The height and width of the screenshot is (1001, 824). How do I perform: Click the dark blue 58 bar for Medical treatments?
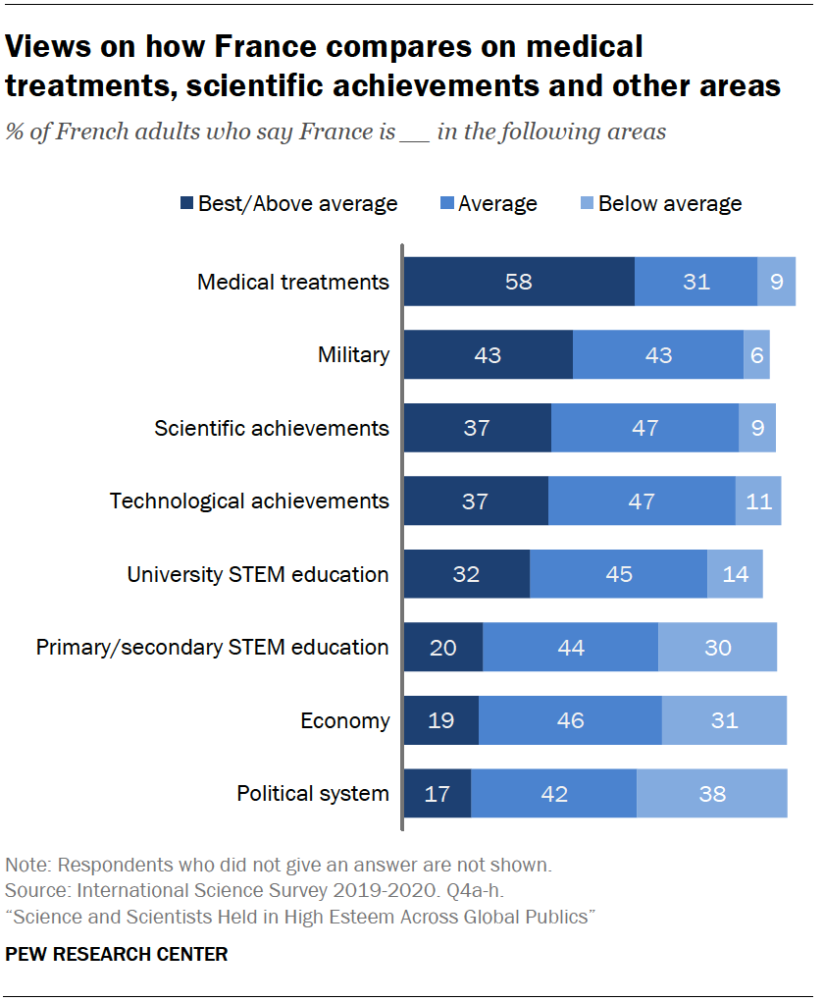519,282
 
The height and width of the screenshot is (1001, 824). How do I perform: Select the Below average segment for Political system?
712,793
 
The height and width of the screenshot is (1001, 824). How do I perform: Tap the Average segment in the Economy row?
570,720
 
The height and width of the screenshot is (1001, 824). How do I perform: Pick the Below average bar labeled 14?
735,574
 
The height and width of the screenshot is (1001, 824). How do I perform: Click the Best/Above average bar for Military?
488,354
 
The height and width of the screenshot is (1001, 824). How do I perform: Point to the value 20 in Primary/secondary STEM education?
443,647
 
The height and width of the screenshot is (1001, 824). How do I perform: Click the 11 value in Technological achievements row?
758,500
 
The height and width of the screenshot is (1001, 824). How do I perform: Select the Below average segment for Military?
756,354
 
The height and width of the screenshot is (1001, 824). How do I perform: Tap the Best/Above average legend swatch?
186,204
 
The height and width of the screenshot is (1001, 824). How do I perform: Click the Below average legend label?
670,204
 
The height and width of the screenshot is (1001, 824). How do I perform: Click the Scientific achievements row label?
272,428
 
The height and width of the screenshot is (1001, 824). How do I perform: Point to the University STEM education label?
258,574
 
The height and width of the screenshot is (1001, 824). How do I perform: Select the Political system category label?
313,793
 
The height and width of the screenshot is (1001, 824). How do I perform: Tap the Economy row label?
344,720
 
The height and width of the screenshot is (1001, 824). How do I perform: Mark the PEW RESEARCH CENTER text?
116,954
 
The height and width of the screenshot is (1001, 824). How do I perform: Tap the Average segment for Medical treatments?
695,282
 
